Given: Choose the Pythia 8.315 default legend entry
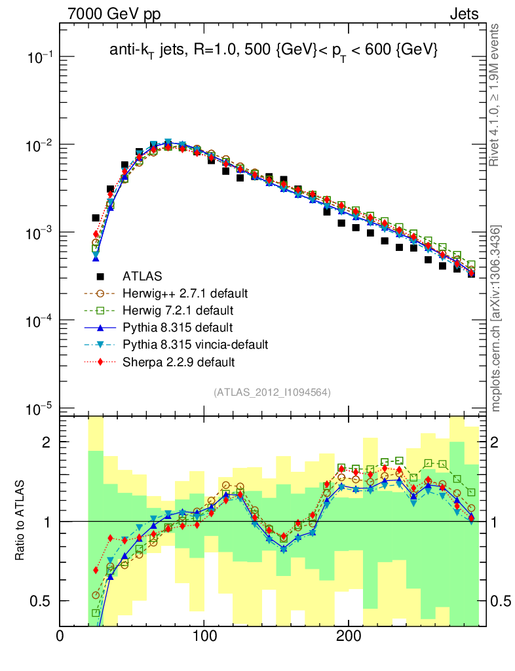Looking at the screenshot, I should coord(178,327).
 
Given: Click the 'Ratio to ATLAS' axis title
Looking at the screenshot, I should coord(21,521).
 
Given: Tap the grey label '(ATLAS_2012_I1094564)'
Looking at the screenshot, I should coord(271,393).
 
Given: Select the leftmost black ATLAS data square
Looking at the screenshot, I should coord(96,218).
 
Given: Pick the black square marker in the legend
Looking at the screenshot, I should coord(100,276).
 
